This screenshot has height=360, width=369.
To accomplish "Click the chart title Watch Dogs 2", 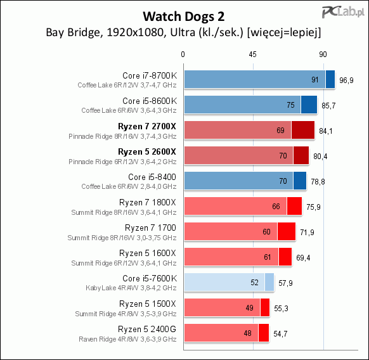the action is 184,16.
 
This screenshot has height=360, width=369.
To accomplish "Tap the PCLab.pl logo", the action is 343,12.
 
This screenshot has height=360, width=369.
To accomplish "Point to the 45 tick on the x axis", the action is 252,55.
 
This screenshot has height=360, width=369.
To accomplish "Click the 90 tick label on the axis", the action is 323,55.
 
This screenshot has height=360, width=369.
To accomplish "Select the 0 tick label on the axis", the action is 183,55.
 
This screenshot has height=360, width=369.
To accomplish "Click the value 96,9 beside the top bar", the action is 346,80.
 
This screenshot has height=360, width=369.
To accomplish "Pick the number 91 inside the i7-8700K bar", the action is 315,80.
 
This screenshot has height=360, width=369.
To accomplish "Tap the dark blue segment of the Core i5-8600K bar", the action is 309,105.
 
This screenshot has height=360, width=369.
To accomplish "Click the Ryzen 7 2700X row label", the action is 147,126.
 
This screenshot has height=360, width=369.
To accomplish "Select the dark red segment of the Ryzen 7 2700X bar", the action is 303,130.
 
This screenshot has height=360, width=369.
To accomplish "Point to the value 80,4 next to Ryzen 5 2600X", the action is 320,157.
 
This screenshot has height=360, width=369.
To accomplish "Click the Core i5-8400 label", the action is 152,177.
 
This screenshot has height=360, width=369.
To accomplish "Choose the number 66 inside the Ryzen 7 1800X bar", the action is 276,207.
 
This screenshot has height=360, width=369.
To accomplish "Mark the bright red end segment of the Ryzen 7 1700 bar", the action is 287,231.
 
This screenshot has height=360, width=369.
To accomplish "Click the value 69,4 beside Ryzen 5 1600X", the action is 303,258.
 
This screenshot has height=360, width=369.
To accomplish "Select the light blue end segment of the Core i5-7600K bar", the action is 269,282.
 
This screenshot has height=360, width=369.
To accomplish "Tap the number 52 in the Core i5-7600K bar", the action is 254,282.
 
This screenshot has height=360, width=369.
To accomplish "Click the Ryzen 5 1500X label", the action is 148,304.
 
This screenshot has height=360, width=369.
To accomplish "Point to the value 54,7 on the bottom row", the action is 280,334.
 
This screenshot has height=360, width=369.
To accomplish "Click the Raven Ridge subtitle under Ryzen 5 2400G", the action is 127,339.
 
